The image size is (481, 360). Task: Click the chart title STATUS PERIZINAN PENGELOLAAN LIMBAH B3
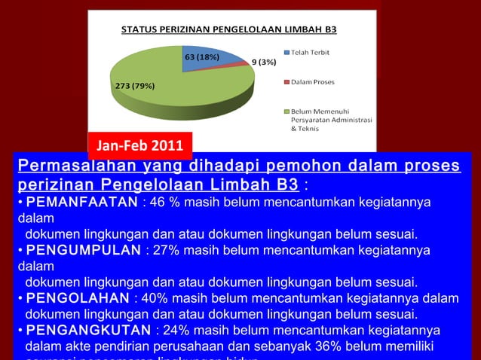(x=229, y=30)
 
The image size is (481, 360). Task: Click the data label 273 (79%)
(x=135, y=85)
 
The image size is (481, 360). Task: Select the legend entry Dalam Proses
(x=313, y=81)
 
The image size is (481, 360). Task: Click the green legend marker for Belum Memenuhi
(x=286, y=111)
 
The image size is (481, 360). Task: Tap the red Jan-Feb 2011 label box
(x=140, y=144)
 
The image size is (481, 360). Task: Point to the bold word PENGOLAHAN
(x=78, y=298)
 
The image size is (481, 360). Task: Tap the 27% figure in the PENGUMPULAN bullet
(x=164, y=249)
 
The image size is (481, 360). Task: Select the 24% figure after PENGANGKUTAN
(x=173, y=331)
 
